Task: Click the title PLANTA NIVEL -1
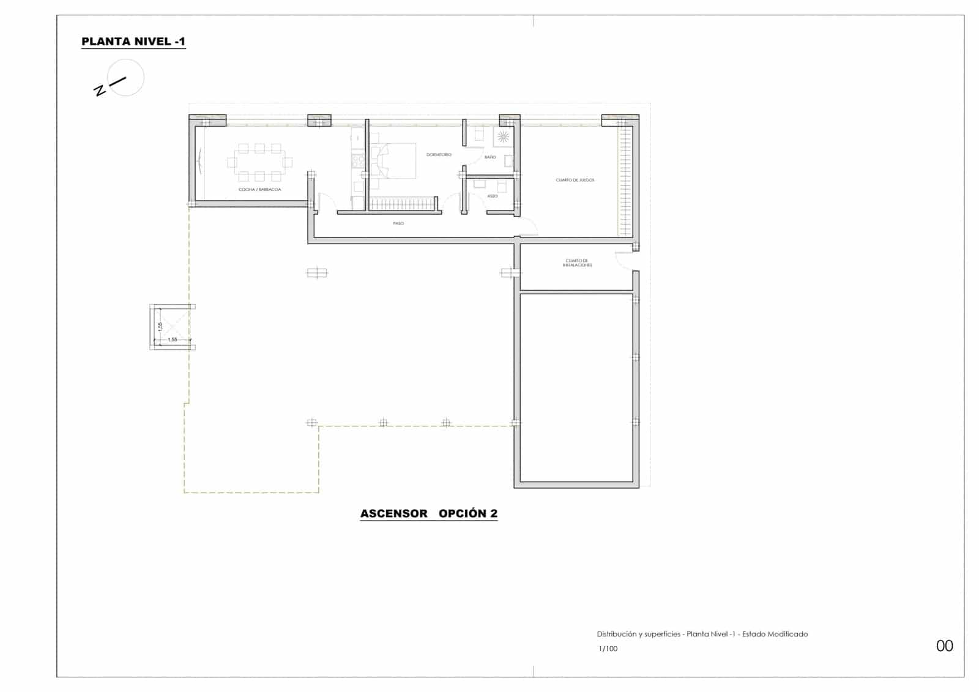point(133,42)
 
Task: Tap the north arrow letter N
point(99,91)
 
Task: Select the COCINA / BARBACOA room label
point(260,190)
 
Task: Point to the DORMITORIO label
point(439,155)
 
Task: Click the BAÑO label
point(490,157)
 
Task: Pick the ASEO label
point(493,196)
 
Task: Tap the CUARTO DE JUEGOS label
point(575,180)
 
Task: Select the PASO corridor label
point(398,223)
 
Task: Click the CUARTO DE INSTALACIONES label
point(578,263)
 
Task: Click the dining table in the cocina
point(259,162)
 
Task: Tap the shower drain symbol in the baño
point(503,136)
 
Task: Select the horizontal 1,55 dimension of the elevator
point(173,340)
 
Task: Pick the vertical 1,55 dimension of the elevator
point(160,326)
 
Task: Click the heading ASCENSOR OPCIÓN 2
point(429,514)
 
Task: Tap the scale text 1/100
point(608,649)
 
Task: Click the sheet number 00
point(944,646)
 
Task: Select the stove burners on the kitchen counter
point(359,161)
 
